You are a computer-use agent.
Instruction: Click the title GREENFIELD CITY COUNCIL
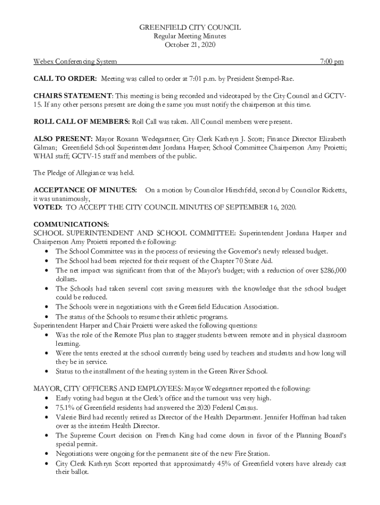pos(190,28)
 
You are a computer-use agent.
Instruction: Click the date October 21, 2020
pos(190,45)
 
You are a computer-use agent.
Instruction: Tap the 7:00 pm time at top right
pos(332,62)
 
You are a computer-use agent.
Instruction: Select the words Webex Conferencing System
pos(75,62)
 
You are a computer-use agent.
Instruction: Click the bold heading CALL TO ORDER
pos(65,78)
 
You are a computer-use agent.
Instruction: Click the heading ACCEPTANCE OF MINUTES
pos(85,190)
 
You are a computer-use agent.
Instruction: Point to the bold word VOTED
pos(47,208)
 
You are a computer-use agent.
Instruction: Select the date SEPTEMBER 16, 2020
pos(262,208)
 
